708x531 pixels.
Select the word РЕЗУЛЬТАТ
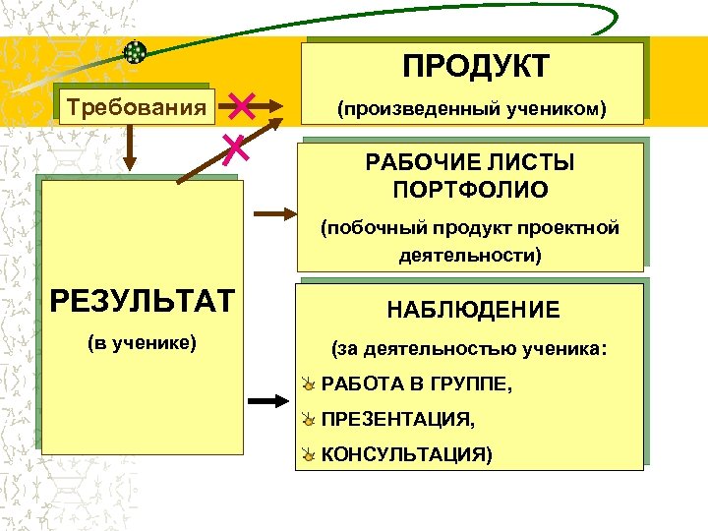[x=143, y=300]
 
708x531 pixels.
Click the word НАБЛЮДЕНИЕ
[x=473, y=311]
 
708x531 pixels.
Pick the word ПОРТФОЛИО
[x=470, y=189]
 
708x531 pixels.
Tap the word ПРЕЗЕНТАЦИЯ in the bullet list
[x=398, y=420]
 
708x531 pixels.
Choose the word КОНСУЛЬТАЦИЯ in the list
[x=407, y=455]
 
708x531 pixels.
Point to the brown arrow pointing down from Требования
[x=129, y=147]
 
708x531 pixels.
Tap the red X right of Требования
[x=241, y=105]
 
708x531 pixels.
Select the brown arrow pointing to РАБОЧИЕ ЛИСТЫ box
[x=272, y=211]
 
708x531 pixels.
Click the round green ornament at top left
[x=136, y=52]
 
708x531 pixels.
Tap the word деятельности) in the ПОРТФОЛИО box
[x=470, y=255]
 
